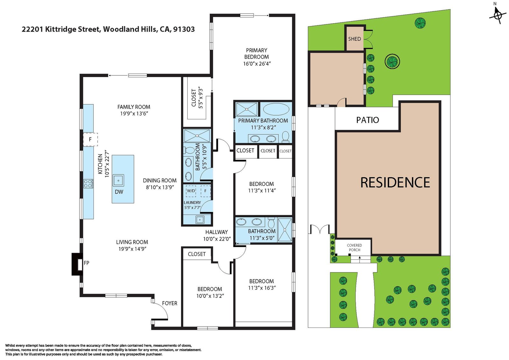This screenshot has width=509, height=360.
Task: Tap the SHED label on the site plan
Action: (x=354, y=39)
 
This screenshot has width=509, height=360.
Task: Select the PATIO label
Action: (x=367, y=120)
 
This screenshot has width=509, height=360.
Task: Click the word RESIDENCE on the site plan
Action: (x=395, y=182)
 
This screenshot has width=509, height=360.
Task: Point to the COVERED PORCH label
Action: (x=354, y=247)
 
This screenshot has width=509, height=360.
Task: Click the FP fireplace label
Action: (x=86, y=263)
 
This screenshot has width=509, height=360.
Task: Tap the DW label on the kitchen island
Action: (x=119, y=192)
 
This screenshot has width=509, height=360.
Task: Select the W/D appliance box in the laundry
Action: (x=191, y=191)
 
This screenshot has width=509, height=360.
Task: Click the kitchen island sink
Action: (x=118, y=181)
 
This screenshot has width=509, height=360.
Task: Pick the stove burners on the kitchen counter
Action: (x=88, y=184)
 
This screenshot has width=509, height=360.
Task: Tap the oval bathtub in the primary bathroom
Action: (x=276, y=109)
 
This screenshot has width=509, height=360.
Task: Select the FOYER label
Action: (x=170, y=303)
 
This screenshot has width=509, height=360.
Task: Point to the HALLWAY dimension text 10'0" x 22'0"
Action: (x=217, y=239)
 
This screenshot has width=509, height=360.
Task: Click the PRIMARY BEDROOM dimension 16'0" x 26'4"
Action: (x=257, y=64)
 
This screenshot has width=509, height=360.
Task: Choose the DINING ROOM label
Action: (x=159, y=180)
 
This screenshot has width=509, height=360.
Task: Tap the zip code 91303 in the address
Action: (x=184, y=29)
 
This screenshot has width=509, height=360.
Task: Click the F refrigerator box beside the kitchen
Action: (x=90, y=139)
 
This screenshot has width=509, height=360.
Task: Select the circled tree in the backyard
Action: (x=393, y=61)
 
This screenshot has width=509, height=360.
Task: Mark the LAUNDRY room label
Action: (x=192, y=202)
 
